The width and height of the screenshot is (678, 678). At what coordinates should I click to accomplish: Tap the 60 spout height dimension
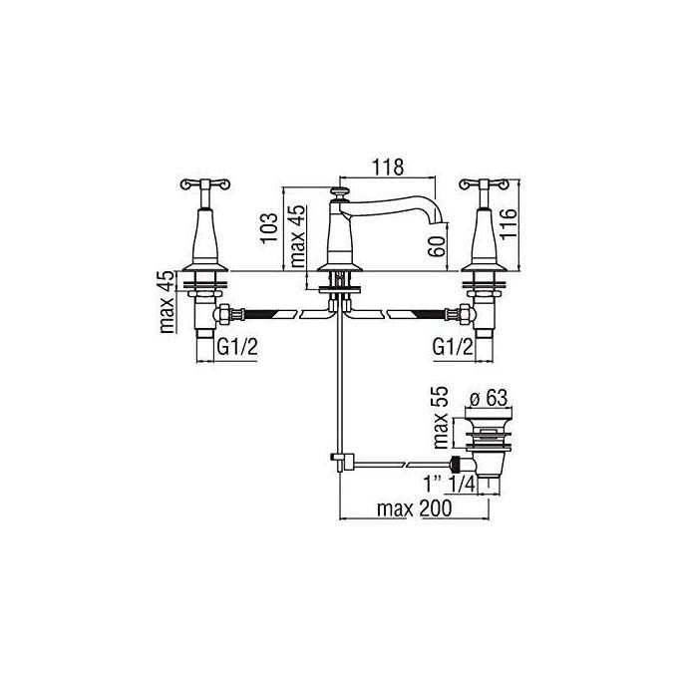click(x=436, y=245)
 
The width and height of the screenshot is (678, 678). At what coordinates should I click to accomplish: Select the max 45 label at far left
click(x=169, y=302)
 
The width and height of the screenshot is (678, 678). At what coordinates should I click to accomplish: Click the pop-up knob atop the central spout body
click(x=341, y=190)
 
